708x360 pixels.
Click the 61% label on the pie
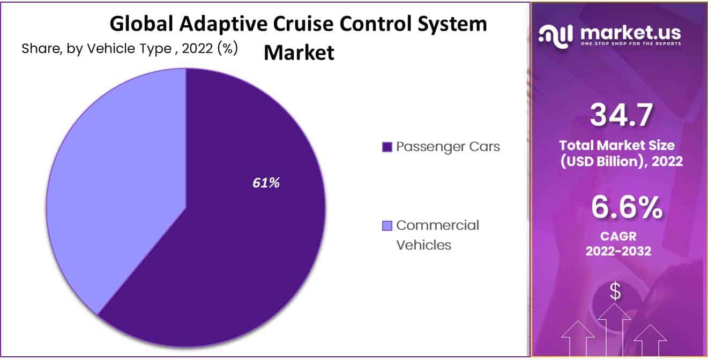pos(266,183)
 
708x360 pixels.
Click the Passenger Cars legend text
pos(448,147)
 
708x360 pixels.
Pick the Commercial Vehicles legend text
pos(437,235)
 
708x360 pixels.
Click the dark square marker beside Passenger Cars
pos(387,147)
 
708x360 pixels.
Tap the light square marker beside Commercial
pos(387,226)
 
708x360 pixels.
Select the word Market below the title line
pos(299,52)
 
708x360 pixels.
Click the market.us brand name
pos(630,33)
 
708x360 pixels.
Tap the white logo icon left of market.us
pos(556,35)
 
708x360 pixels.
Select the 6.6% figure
pos(626,209)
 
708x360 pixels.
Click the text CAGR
pos(618,236)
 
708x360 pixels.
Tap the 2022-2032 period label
pos(618,251)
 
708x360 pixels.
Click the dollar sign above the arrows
pos(615,292)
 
